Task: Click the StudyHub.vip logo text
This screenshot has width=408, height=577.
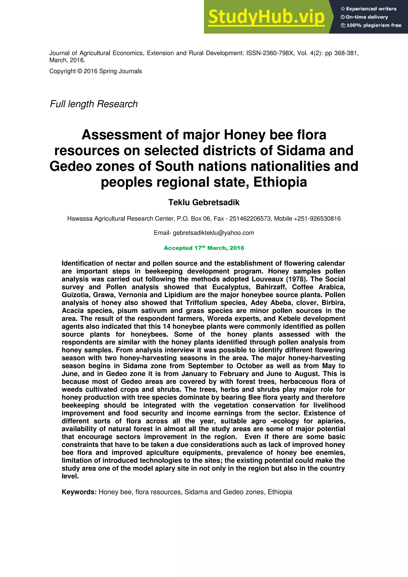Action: point(266,17)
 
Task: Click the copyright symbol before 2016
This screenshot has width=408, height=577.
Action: point(80,71)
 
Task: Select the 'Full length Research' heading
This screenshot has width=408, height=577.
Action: point(94,104)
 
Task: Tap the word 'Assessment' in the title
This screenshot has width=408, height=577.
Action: point(122,135)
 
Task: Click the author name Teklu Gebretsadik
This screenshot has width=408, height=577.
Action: point(204,202)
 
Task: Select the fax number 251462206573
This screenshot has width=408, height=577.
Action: point(250,219)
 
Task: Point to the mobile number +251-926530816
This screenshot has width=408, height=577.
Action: point(317,219)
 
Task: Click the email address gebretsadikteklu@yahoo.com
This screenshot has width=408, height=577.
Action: point(213,233)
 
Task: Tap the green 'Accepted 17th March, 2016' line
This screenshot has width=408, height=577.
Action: point(204,248)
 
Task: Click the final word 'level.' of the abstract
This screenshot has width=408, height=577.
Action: point(70,476)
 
